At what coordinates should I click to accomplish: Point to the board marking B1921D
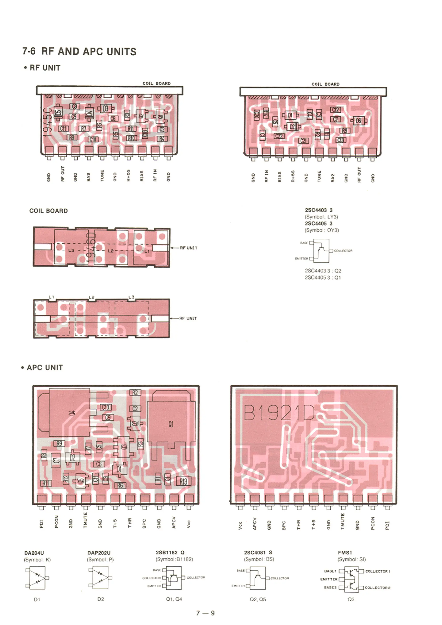click(279, 413)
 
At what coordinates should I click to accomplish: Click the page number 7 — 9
click(206, 613)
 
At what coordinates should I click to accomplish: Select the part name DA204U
click(34, 553)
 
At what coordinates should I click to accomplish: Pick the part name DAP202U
click(99, 553)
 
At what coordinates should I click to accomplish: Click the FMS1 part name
click(345, 552)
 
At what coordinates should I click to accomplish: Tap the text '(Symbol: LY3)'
click(321, 217)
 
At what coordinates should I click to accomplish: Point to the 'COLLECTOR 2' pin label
click(377, 588)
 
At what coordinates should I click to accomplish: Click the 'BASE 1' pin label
click(330, 571)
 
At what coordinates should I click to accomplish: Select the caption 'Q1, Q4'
click(174, 599)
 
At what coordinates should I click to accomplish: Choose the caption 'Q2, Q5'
click(258, 599)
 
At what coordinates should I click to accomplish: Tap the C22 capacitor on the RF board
click(279, 136)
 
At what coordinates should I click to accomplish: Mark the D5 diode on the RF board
click(58, 112)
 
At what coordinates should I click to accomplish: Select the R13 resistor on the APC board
click(183, 481)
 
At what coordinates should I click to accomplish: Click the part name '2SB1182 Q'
click(170, 552)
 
